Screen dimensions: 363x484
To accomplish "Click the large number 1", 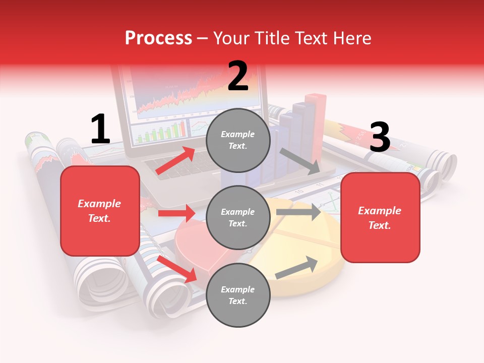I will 100,130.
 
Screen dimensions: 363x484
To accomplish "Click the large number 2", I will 238,76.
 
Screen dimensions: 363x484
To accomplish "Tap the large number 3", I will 380,137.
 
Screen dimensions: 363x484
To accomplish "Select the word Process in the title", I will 158,38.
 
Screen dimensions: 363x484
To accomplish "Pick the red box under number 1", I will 100,211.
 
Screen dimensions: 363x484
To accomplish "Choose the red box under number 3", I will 380,218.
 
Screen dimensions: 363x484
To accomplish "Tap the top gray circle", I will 238,140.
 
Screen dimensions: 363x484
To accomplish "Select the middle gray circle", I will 238,218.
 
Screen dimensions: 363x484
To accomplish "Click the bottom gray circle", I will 238,295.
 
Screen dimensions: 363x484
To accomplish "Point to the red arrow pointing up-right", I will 175,161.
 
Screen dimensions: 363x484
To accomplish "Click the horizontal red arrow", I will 176,213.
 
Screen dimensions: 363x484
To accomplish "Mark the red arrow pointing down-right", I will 177,269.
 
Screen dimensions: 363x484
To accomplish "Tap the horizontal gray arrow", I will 298,212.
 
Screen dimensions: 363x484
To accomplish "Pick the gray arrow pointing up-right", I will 297,268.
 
